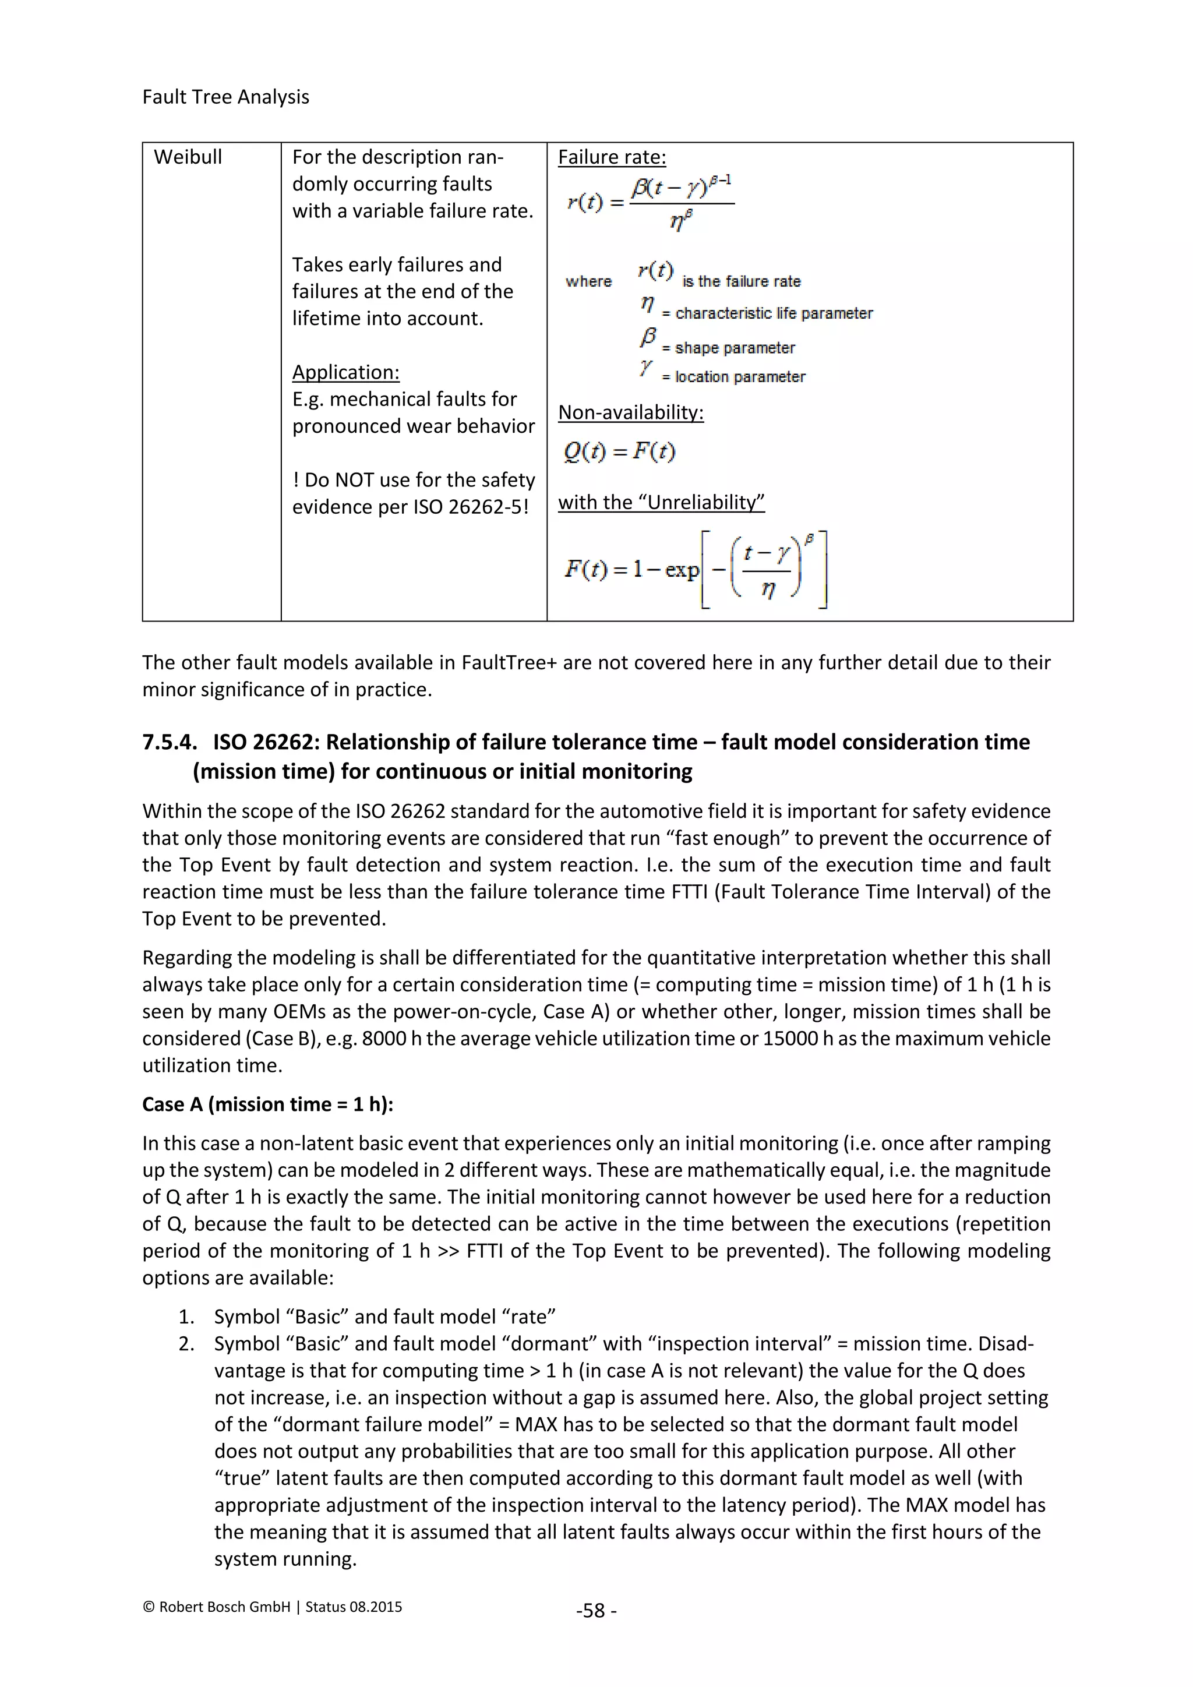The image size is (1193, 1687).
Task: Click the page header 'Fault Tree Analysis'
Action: click(x=225, y=97)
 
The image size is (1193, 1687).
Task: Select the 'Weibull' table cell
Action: click(x=188, y=157)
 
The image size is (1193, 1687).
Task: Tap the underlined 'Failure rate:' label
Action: click(x=612, y=157)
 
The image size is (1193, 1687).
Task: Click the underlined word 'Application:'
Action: click(x=345, y=372)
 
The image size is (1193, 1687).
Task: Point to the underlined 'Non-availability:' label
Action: click(x=630, y=412)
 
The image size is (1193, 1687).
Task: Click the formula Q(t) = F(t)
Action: click(x=619, y=451)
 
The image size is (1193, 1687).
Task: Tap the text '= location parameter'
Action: click(x=733, y=377)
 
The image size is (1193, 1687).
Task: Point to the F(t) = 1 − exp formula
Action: click(x=694, y=570)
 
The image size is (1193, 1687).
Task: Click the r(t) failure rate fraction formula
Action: click(x=650, y=202)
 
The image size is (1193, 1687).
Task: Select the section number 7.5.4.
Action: click(x=170, y=742)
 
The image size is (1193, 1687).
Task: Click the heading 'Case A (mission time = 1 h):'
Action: click(x=267, y=1104)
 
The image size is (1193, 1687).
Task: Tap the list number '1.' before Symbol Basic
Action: click(x=186, y=1317)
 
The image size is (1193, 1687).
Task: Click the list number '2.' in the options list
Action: click(x=186, y=1344)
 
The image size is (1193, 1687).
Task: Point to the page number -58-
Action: click(x=596, y=1611)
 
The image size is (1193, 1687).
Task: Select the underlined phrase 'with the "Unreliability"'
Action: click(x=661, y=503)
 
